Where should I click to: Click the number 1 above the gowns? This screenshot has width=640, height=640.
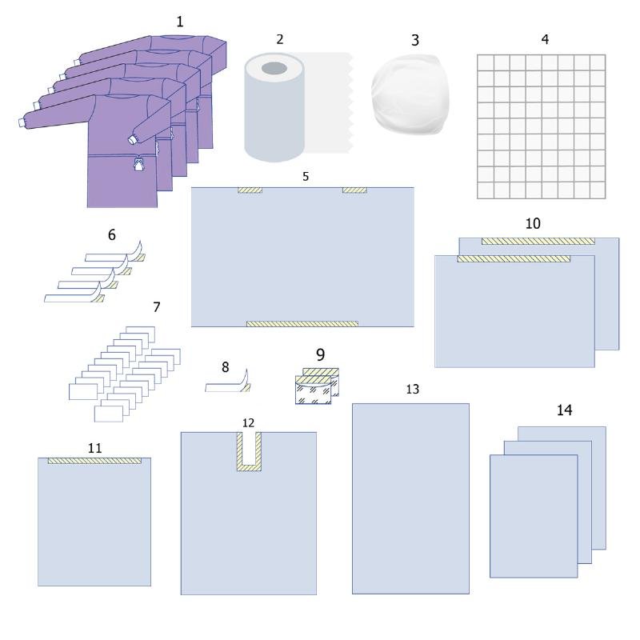(179, 22)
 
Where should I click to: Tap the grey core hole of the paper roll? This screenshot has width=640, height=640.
(274, 68)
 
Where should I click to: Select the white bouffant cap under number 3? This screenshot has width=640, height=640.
(410, 94)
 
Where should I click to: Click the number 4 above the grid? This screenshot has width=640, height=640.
(545, 39)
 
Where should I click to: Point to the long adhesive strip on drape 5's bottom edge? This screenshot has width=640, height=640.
(302, 324)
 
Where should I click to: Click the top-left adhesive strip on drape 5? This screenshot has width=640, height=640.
(250, 190)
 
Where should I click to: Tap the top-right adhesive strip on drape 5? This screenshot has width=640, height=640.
(354, 190)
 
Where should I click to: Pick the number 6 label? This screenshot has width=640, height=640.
(111, 234)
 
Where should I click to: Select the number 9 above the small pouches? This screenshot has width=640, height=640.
(321, 354)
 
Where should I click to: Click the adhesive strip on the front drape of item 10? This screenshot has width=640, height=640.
(514, 258)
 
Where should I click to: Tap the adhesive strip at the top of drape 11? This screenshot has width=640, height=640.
(94, 461)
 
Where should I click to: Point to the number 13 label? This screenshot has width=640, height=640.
(413, 389)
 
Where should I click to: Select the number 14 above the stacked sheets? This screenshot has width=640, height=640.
(565, 410)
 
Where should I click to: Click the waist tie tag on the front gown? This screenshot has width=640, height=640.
(139, 165)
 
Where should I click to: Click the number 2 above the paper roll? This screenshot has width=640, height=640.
(279, 39)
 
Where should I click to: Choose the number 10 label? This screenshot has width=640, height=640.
(533, 223)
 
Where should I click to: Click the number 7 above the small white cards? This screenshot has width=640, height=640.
(157, 307)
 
